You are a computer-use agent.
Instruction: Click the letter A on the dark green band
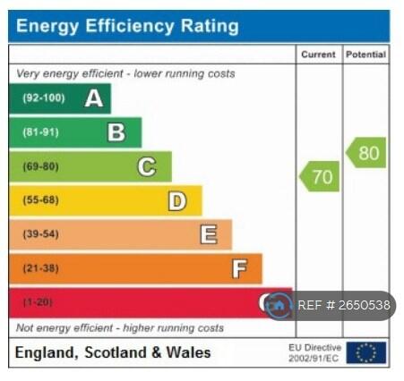pos(93,98)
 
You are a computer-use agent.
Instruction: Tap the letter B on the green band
pos(116,132)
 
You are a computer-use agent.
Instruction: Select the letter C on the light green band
pos(146,166)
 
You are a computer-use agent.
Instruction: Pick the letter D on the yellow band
pos(177,201)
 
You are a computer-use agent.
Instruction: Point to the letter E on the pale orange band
pos(208,234)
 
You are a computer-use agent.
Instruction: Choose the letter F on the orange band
pos(239,268)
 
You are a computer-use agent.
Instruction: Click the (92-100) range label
pos(43,98)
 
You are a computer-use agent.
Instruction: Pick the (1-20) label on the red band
pos(38,302)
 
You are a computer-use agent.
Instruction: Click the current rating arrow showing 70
pos(319,176)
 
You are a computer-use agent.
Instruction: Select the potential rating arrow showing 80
pos(366,153)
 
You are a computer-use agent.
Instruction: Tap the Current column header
pos(318,55)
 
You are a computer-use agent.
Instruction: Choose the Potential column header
pos(366,55)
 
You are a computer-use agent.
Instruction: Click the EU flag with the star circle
pos(366,352)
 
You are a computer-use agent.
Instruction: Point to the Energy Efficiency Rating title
pos(127,26)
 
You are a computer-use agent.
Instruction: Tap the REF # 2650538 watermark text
pos(343,306)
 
